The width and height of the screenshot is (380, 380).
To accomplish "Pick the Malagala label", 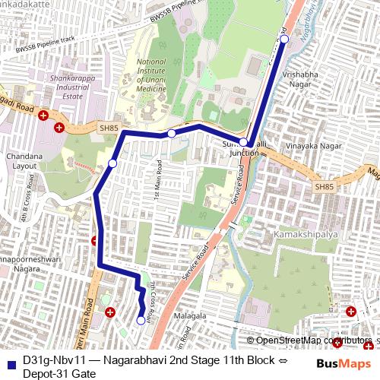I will [190, 315].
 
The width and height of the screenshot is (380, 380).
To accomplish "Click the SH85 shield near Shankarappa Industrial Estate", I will [109, 129].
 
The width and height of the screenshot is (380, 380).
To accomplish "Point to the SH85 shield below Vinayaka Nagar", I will [324, 187].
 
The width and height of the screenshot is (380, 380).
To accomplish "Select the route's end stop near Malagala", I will [141, 321].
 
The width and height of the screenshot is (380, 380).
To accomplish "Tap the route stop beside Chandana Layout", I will [112, 163].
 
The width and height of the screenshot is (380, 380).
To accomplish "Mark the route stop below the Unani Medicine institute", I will [172, 134].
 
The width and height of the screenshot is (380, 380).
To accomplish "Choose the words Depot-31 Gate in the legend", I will [59, 374].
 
